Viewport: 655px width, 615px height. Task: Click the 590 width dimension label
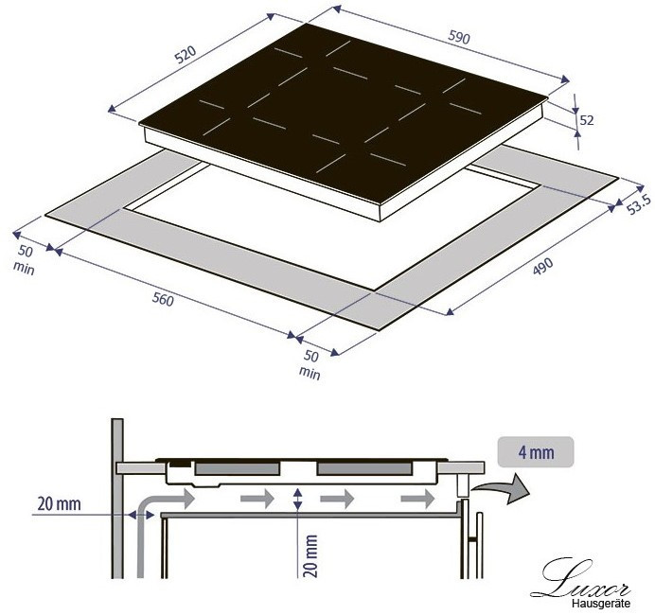tap(459, 37)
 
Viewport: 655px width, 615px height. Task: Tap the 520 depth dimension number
tap(186, 54)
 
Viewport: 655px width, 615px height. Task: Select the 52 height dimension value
tap(587, 120)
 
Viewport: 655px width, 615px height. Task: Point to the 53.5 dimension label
tap(639, 204)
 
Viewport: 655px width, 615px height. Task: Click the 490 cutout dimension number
tap(542, 267)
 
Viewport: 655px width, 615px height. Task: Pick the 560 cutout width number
tap(163, 299)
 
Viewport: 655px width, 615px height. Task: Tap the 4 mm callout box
tap(536, 452)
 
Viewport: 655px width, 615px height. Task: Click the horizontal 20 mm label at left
tap(59, 504)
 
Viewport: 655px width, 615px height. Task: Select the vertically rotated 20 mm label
tap(310, 556)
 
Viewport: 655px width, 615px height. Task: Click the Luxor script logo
tap(580, 579)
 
